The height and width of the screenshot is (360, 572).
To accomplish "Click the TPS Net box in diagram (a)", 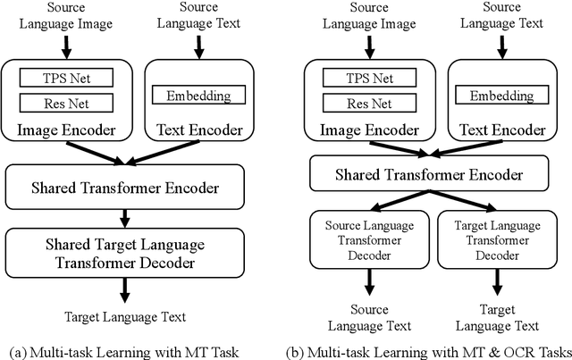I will pyautogui.click(x=68, y=79).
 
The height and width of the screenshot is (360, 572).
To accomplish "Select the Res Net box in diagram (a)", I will pyautogui.click(x=68, y=103).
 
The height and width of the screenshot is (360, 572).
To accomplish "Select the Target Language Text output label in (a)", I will pyautogui.click(x=125, y=316).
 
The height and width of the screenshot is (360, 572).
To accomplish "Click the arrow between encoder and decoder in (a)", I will pyautogui.click(x=125, y=217).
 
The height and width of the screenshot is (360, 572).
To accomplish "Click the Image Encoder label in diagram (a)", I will pyautogui.click(x=68, y=130).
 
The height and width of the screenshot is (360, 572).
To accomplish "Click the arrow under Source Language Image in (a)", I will pyautogui.click(x=68, y=45).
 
